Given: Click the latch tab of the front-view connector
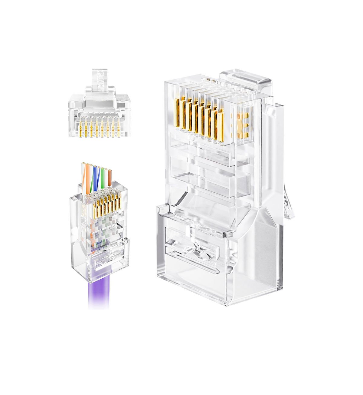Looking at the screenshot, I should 100,80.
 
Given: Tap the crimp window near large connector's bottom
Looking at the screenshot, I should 194,245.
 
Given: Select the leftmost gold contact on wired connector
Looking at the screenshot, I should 94,211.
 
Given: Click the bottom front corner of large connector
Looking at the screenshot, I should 225,304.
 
